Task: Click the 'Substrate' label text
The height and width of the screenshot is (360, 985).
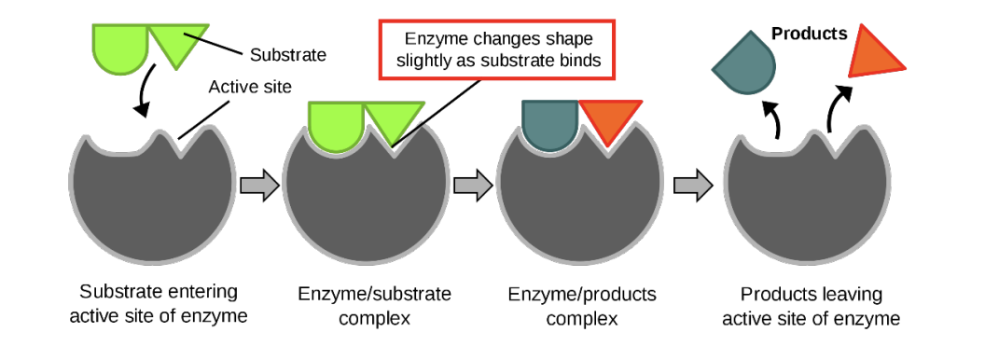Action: pyautogui.click(x=289, y=55)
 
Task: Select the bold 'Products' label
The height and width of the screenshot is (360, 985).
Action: pyautogui.click(x=810, y=35)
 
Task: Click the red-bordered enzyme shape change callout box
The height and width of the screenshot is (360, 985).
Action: pyautogui.click(x=499, y=51)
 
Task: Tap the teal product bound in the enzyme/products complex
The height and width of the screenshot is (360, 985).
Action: pyautogui.click(x=549, y=124)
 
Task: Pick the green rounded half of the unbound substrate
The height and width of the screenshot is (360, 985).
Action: pyautogui.click(x=119, y=48)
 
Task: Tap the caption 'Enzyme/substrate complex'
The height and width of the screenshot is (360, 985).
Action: pyautogui.click(x=375, y=305)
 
